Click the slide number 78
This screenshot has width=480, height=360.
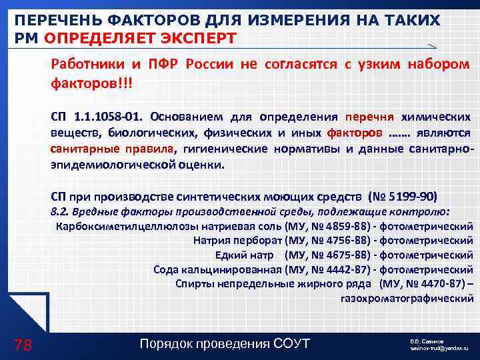tap(23, 344)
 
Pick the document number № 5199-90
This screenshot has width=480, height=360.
tap(405, 197)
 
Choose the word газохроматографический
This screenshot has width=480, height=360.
tap(407, 298)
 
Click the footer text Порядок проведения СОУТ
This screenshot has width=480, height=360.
tap(225, 344)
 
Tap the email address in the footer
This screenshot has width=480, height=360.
tap(438, 349)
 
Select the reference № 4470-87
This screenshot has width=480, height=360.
tap(427, 283)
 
